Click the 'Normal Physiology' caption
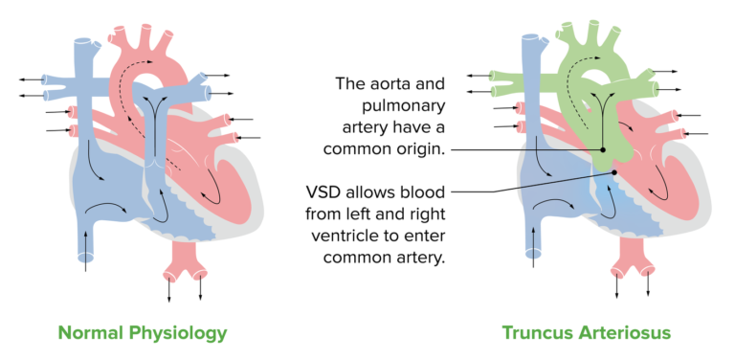143,332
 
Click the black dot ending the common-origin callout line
604,150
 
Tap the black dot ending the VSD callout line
613,172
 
